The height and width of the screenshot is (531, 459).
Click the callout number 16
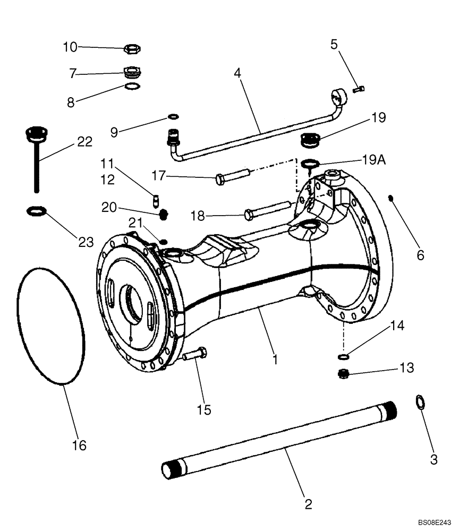79,445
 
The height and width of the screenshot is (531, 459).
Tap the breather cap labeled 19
309,141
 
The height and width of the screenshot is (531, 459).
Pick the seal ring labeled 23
35,212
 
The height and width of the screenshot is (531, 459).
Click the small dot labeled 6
390,199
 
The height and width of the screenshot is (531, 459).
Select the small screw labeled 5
359,90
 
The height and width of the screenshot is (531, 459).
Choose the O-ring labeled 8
132,87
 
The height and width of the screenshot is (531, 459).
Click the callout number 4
238,73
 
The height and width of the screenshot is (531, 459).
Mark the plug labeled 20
164,214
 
